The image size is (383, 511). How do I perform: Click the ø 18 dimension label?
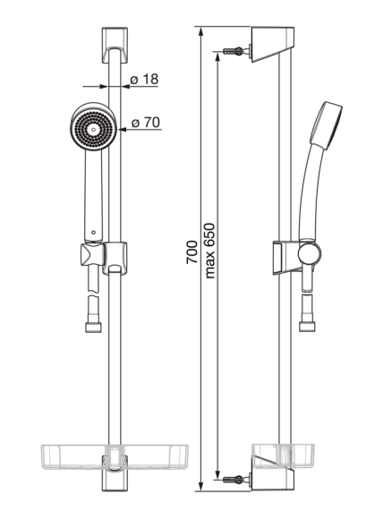(x=144, y=79)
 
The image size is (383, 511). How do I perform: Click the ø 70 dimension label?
(x=146, y=123)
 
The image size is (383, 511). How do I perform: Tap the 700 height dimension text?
(x=192, y=252)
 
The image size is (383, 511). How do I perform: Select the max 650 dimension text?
(x=210, y=251)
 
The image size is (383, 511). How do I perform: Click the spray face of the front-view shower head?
(x=94, y=129)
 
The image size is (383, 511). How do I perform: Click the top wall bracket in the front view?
(x=115, y=46)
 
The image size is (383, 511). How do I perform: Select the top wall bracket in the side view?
(x=273, y=45)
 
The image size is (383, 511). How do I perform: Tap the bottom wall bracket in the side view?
(x=273, y=473)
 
